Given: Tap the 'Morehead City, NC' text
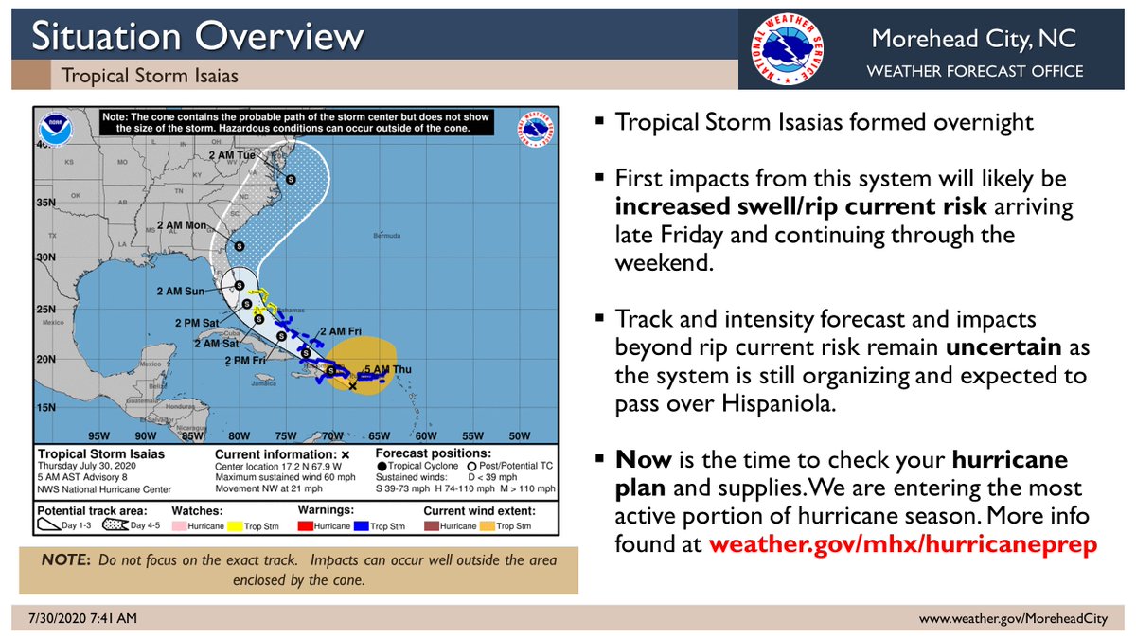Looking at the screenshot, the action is pyautogui.click(x=976, y=40).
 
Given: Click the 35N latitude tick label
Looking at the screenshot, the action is pyautogui.click(x=44, y=202).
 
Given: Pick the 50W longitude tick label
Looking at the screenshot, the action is pyautogui.click(x=519, y=436).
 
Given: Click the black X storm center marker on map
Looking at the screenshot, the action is pyautogui.click(x=352, y=386).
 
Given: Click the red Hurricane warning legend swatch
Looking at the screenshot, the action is pyautogui.click(x=304, y=525).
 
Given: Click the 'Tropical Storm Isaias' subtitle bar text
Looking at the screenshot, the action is pyautogui.click(x=150, y=75).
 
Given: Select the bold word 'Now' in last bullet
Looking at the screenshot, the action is pyautogui.click(x=643, y=460).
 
